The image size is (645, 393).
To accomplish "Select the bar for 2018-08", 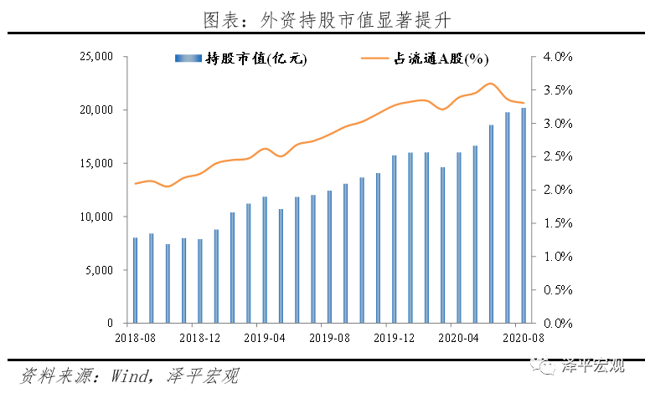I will pyautogui.click(x=135, y=280).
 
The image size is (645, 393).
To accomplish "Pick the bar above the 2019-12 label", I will pyautogui.click(x=394, y=239).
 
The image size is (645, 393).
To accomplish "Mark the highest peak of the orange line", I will pyautogui.click(x=491, y=84).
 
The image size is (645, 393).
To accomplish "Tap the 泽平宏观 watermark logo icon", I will pyautogui.click(x=545, y=365).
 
